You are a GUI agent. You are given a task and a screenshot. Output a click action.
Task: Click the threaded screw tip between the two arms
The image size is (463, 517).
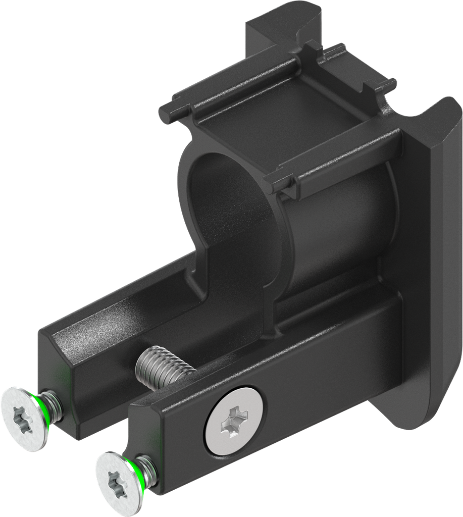pos(163,366)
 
